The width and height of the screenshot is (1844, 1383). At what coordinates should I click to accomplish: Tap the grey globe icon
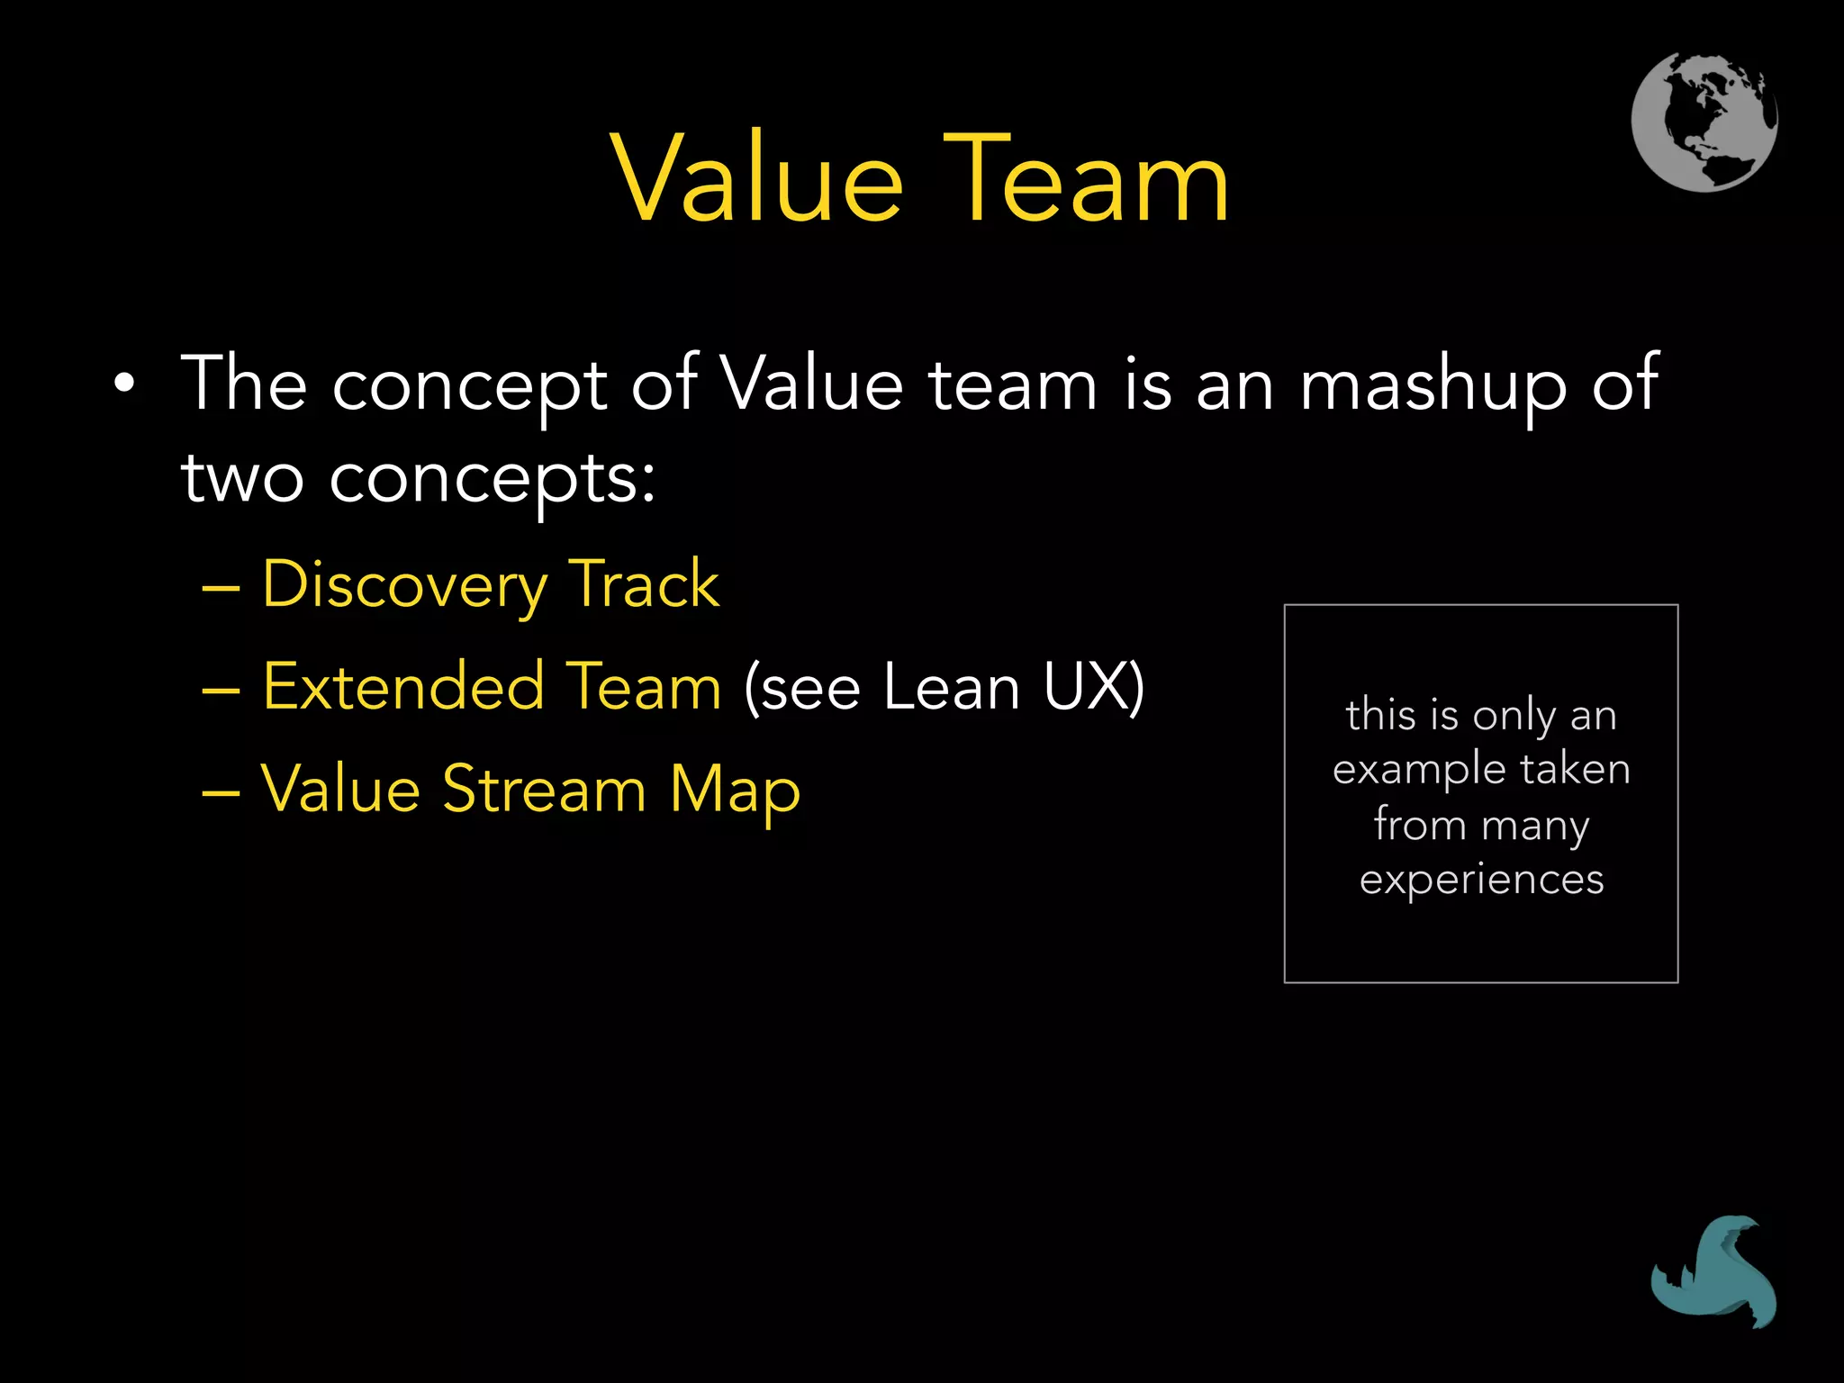point(1704,122)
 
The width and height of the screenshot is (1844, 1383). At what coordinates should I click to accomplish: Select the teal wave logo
point(1713,1271)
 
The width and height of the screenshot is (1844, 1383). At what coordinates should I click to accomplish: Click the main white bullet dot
point(124,385)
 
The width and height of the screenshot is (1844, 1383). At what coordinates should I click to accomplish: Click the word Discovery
point(403,585)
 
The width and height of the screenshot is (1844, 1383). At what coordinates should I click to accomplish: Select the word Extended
point(403,686)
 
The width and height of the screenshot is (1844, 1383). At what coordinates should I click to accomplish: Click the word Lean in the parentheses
point(951,687)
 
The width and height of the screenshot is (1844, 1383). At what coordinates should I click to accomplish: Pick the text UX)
point(1094,687)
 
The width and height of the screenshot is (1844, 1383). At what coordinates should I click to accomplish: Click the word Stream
point(544,789)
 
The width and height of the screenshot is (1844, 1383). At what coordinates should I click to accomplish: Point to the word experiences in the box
point(1481,880)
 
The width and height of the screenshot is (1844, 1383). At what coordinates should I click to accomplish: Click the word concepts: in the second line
point(492,479)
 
